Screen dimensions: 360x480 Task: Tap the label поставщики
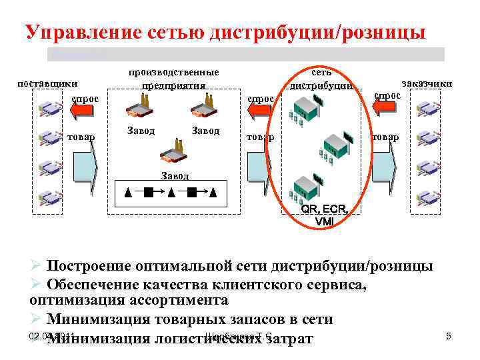coord(47,83)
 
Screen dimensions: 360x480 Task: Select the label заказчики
coord(426,83)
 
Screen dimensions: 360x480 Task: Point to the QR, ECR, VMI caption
coord(324,215)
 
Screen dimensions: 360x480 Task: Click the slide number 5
coord(449,336)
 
